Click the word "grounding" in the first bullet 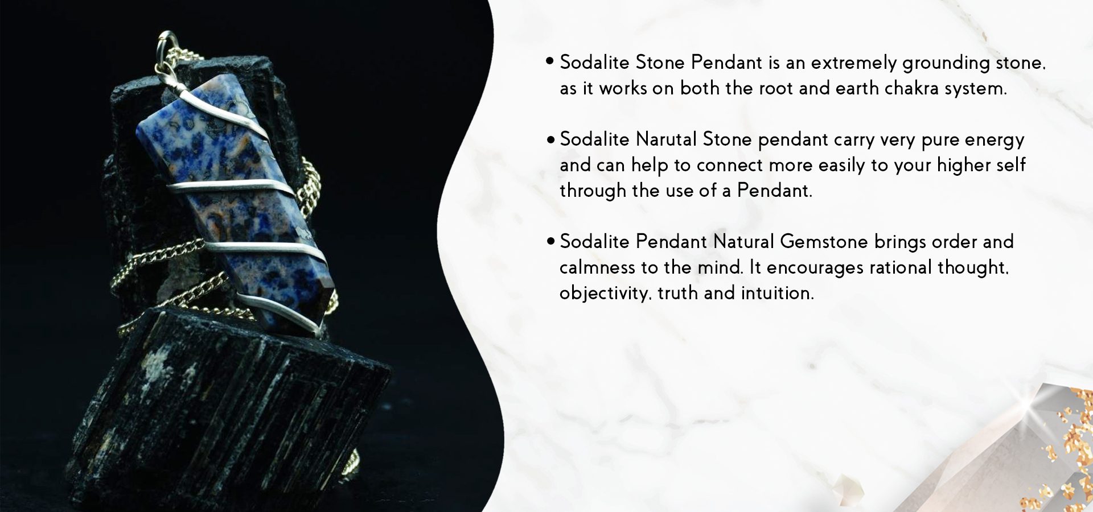pos(946,63)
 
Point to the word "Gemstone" pos(824,241)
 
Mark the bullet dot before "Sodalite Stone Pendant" pos(550,61)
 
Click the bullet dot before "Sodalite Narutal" pos(550,139)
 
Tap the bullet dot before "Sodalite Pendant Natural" pos(550,241)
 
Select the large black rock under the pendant pos(228,410)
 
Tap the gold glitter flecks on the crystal pos(1065,449)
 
